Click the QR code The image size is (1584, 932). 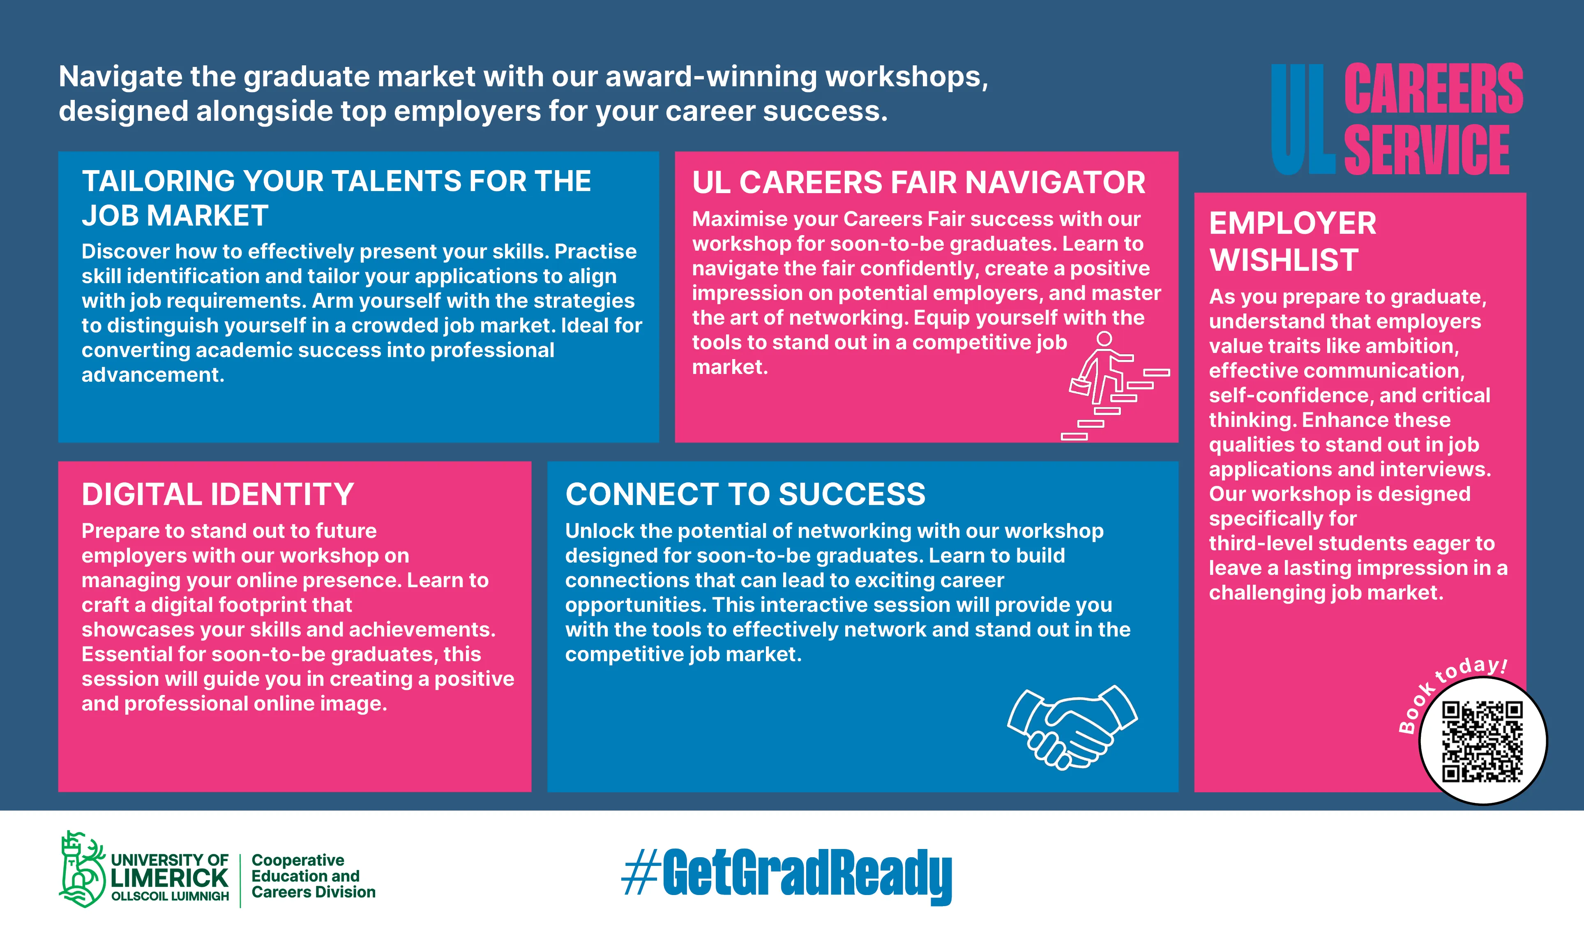1482,742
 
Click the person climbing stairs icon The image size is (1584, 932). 1115,385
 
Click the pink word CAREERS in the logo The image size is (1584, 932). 1433,89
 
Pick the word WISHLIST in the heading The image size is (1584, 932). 1284,260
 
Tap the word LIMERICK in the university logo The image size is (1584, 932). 170,878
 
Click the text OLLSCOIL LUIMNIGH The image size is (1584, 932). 170,896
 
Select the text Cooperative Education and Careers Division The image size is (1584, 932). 313,876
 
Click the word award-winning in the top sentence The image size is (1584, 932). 712,77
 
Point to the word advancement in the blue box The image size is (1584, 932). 153,375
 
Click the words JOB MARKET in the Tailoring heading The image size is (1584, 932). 175,216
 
